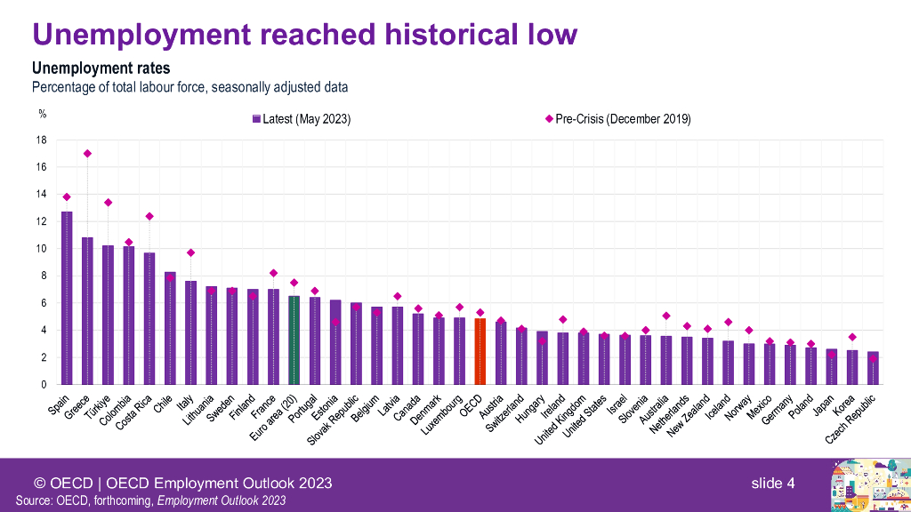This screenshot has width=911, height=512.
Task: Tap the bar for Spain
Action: [x=67, y=299]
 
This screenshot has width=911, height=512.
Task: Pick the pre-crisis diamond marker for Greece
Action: [x=87, y=153]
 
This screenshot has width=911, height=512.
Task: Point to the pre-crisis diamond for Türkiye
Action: [x=108, y=203]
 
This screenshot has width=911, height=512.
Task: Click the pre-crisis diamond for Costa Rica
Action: [x=149, y=216]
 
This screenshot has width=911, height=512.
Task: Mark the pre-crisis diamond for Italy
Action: [x=190, y=252]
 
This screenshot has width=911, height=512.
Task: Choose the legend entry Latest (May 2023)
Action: [x=302, y=119]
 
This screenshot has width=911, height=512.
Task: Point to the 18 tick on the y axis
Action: [x=41, y=140]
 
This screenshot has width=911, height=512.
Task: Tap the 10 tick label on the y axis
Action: [x=41, y=249]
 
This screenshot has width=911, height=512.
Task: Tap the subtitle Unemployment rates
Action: [x=101, y=68]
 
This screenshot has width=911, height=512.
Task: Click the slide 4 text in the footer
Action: [x=772, y=484]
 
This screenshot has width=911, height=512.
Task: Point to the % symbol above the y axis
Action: [x=41, y=113]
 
